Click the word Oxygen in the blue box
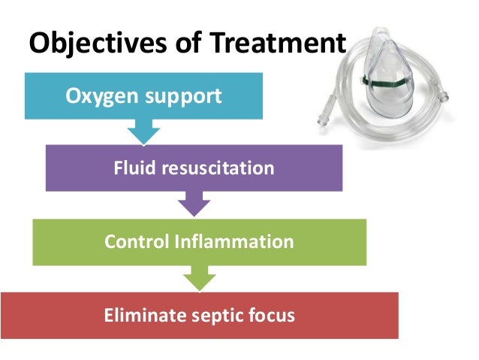click(x=100, y=97)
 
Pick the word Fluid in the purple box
click(x=132, y=168)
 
